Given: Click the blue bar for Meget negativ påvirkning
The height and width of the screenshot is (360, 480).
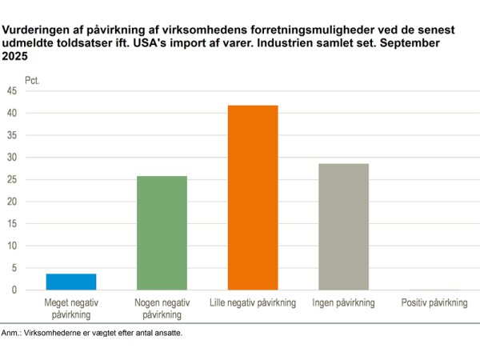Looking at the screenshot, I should pyautogui.click(x=71, y=282).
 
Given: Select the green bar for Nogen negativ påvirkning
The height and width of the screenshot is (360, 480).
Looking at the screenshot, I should pyautogui.click(x=162, y=233).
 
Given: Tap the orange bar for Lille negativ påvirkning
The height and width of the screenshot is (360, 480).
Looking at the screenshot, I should pyautogui.click(x=253, y=198).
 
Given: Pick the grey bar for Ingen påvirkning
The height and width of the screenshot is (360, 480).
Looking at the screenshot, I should pyautogui.click(x=344, y=226).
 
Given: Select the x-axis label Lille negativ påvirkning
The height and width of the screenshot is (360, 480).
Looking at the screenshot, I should pyautogui.click(x=253, y=302).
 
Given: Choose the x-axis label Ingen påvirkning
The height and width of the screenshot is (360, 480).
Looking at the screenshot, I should pyautogui.click(x=344, y=302).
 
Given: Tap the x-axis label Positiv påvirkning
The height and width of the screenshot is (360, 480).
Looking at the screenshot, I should pyautogui.click(x=434, y=302).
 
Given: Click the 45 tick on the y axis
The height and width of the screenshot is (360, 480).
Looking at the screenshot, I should pyautogui.click(x=10, y=91).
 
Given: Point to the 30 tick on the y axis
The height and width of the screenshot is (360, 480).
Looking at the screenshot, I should pyautogui.click(x=10, y=158).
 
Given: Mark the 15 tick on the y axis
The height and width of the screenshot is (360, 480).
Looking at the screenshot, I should pyautogui.click(x=10, y=224).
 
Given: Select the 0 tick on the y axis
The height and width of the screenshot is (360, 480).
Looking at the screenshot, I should pyautogui.click(x=13, y=290).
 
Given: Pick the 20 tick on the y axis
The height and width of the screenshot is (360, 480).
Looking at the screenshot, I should pyautogui.click(x=10, y=202).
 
